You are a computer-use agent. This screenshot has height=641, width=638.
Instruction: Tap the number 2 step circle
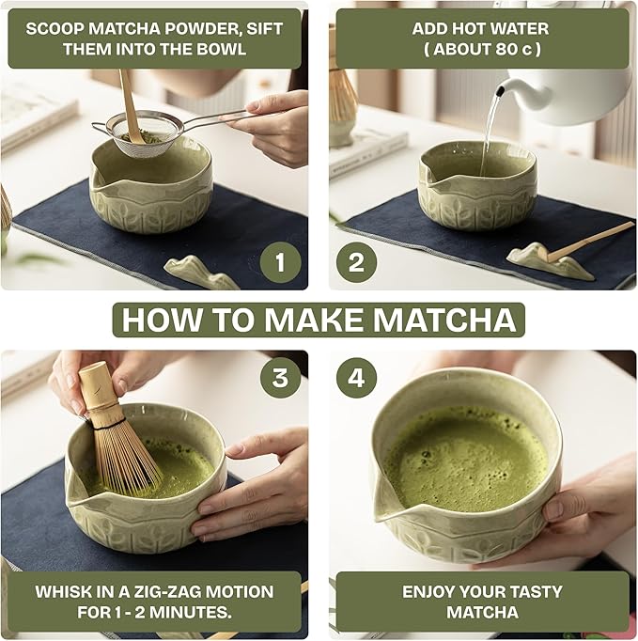pos(356,262)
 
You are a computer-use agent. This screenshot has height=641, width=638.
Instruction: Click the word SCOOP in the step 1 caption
pos(55,28)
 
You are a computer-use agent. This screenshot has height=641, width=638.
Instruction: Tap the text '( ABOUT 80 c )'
pos(481,49)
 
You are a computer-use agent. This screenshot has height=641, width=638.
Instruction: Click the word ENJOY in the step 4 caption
pos(436,592)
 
